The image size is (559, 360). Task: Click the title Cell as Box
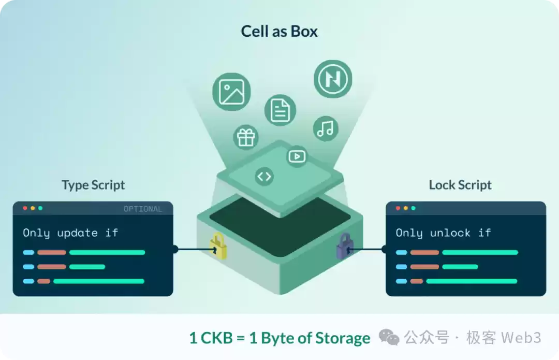click(x=279, y=31)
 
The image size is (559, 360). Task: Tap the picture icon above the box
click(x=231, y=92)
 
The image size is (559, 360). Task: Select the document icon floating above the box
click(x=280, y=110)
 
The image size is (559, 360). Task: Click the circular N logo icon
click(x=332, y=79)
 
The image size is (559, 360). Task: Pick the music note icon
click(x=326, y=128)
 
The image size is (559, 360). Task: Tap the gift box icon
click(x=245, y=137)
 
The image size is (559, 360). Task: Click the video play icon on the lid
click(x=297, y=156)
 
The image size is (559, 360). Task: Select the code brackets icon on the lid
click(x=264, y=177)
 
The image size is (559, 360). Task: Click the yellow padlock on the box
click(x=218, y=247)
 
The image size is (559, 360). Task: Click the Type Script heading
click(x=93, y=185)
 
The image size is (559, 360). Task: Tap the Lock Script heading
click(x=460, y=185)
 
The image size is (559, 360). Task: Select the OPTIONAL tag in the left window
click(x=142, y=209)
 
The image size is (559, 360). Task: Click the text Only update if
click(x=70, y=233)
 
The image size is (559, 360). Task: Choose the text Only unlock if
click(x=443, y=233)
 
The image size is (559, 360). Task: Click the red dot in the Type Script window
click(x=25, y=208)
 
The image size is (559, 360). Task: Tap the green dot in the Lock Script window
click(x=413, y=208)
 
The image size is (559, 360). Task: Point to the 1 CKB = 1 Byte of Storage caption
click(x=279, y=338)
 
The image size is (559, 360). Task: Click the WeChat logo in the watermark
click(x=389, y=338)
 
